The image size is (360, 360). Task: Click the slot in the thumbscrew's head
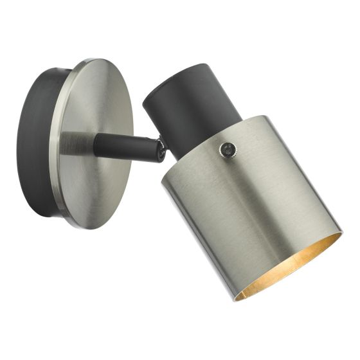[x=226, y=150]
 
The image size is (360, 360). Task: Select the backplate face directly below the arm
[x=96, y=193]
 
